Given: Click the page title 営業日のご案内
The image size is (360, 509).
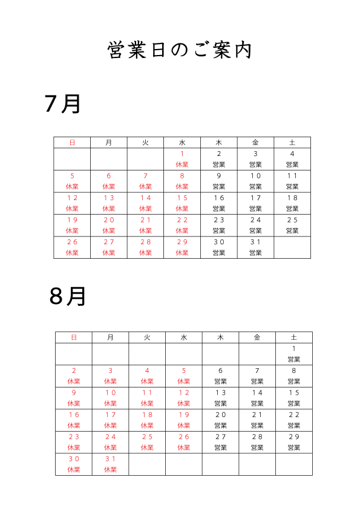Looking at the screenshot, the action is (x=180, y=50).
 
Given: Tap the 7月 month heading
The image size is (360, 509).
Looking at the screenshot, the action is (x=62, y=104).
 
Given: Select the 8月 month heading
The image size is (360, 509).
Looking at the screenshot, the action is (x=67, y=296).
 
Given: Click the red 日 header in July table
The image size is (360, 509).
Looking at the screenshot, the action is (x=72, y=143).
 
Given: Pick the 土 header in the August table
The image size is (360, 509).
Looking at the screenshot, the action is (x=293, y=337).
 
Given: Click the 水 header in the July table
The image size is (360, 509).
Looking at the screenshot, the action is (x=182, y=143).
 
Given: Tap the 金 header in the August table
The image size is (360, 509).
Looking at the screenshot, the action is (x=257, y=337).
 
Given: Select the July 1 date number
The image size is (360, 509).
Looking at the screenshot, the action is (x=182, y=154).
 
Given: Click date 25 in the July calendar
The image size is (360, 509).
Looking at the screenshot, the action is (x=292, y=220).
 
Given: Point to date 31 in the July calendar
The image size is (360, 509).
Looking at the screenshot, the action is (x=255, y=242).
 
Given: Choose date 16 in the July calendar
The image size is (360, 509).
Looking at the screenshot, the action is (x=219, y=198).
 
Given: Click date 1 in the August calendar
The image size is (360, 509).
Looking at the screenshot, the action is (x=293, y=348).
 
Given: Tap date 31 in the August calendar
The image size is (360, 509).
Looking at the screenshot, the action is (x=111, y=459).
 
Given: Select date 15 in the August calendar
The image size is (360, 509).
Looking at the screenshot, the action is (x=294, y=392).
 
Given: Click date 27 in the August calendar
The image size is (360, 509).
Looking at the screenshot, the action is (x=221, y=436).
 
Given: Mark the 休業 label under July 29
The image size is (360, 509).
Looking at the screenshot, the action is (x=182, y=253).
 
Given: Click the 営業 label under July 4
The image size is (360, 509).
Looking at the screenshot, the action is (x=292, y=164).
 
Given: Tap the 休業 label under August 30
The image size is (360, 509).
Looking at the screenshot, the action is (x=74, y=469).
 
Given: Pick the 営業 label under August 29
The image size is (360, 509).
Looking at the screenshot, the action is (x=294, y=447).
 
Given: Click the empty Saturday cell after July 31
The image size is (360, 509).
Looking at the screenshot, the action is (x=292, y=247).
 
